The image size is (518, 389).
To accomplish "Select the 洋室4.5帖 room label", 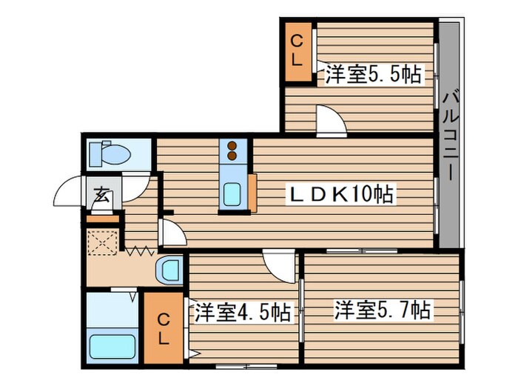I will (242, 312).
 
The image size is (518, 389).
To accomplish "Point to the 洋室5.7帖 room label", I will (383, 308).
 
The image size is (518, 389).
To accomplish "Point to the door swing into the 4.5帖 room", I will (282, 264).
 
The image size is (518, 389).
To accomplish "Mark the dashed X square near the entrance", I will (102, 242).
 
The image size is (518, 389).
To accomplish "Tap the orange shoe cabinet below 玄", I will (103, 218).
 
